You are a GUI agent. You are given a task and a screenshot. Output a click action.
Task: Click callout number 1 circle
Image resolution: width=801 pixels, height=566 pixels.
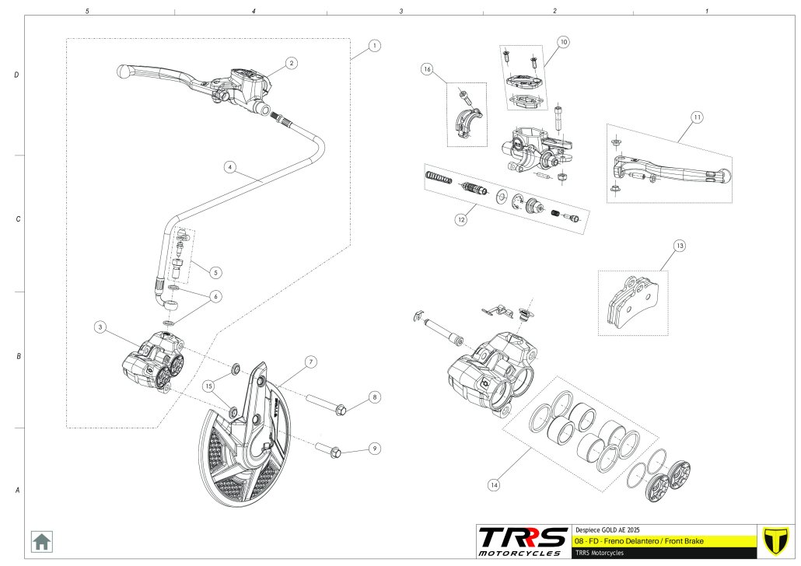(375, 46)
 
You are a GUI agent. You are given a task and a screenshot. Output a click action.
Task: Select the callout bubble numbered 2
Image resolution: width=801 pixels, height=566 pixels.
(290, 63)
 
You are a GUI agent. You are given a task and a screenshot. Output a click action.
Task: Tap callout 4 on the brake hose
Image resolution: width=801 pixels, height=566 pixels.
(229, 166)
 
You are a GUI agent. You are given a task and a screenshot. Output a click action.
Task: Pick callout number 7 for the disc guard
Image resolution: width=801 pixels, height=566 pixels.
(310, 362)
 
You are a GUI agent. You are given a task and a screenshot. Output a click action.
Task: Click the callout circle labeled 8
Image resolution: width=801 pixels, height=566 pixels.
(375, 397)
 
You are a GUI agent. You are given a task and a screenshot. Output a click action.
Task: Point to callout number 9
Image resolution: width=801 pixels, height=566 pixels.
(375, 449)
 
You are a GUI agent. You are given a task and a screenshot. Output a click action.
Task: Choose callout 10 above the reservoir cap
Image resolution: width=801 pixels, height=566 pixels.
(563, 40)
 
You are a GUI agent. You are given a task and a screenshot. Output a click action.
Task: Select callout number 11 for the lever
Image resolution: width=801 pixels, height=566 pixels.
(697, 117)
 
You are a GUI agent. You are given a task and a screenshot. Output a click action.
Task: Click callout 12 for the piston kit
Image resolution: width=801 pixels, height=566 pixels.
(461, 220)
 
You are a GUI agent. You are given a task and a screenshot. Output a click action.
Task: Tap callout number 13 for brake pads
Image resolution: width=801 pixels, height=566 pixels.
(680, 246)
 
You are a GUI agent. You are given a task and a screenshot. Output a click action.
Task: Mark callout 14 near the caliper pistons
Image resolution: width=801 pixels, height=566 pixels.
(493, 485)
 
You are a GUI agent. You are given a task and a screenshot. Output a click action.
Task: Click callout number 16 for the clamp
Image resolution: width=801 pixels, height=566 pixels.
(427, 69)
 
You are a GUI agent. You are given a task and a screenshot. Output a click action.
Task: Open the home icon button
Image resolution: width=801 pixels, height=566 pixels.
(41, 540)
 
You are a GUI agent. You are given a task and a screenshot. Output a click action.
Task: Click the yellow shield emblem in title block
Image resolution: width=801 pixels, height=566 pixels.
(775, 540)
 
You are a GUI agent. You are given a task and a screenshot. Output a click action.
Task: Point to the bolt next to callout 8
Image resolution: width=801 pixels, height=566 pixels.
(331, 407)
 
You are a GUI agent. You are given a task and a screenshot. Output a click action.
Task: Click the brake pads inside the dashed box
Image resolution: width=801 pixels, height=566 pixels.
(635, 303)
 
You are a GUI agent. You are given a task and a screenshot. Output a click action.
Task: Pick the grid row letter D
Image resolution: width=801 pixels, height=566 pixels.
(16, 75)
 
